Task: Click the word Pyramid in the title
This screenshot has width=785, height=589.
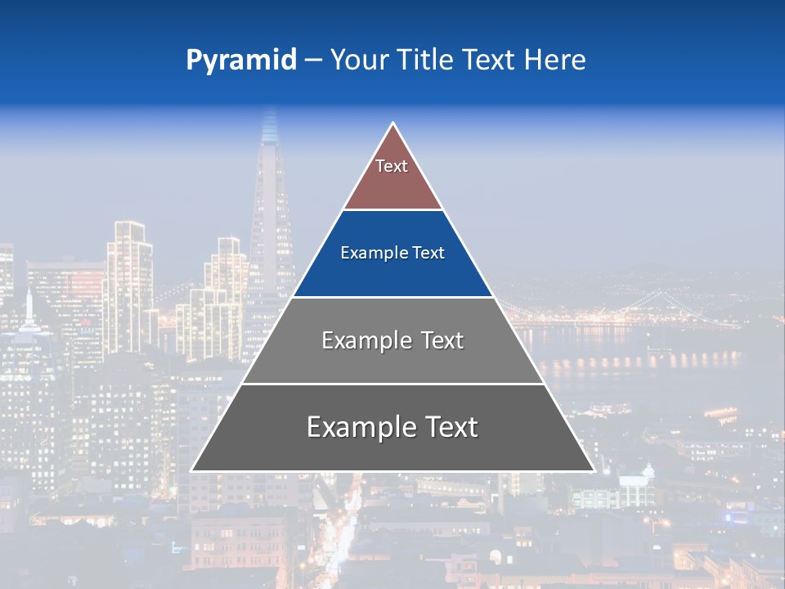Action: (x=240, y=60)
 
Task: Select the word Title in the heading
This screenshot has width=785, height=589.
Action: (x=428, y=60)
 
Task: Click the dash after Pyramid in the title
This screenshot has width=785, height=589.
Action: (x=312, y=61)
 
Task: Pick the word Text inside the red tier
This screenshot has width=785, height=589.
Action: (x=392, y=166)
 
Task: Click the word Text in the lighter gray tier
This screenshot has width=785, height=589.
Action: (x=442, y=340)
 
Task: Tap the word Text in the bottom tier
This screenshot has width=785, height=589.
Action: (x=449, y=427)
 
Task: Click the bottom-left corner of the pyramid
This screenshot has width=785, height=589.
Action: (x=193, y=470)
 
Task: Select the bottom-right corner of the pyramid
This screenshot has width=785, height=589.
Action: (x=593, y=470)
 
